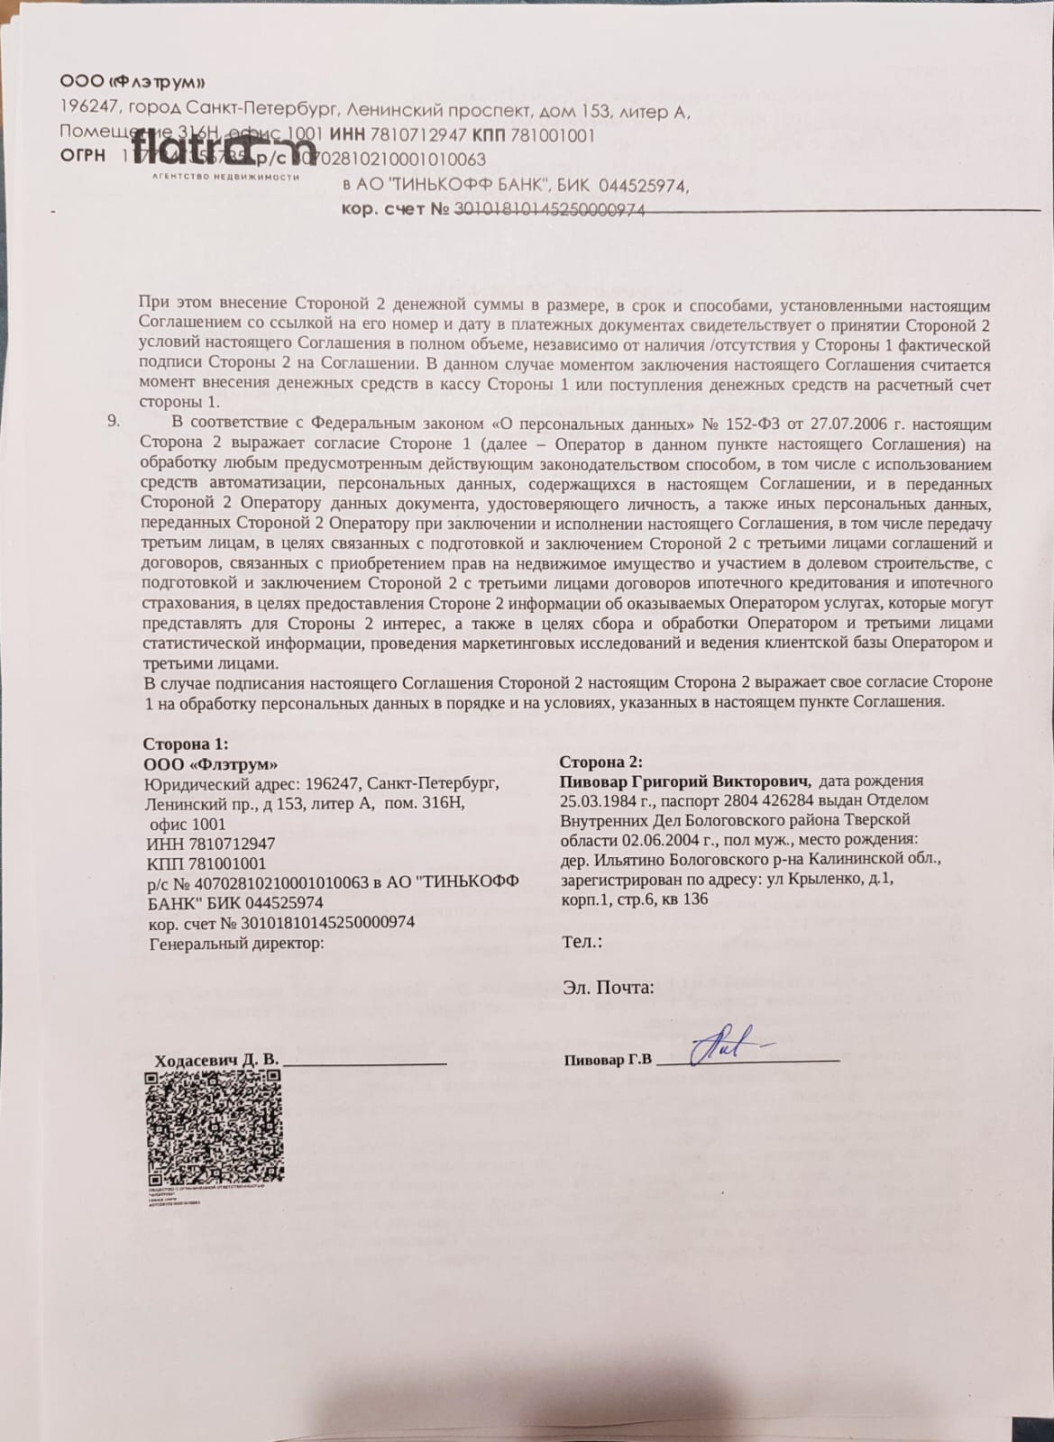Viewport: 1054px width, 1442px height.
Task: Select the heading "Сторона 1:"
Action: click(x=186, y=744)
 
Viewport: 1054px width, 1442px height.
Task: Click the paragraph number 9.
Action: click(x=114, y=423)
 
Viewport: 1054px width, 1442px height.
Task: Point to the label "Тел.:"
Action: click(x=582, y=942)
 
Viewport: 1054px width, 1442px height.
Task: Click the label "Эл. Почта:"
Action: click(x=609, y=987)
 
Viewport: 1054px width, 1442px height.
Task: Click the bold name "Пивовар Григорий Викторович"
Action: click(x=684, y=780)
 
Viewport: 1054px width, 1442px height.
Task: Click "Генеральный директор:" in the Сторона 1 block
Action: click(x=236, y=943)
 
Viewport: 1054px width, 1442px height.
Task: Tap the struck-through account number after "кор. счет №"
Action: click(x=549, y=210)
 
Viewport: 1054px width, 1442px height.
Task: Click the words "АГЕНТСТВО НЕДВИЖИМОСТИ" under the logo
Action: click(x=225, y=177)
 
